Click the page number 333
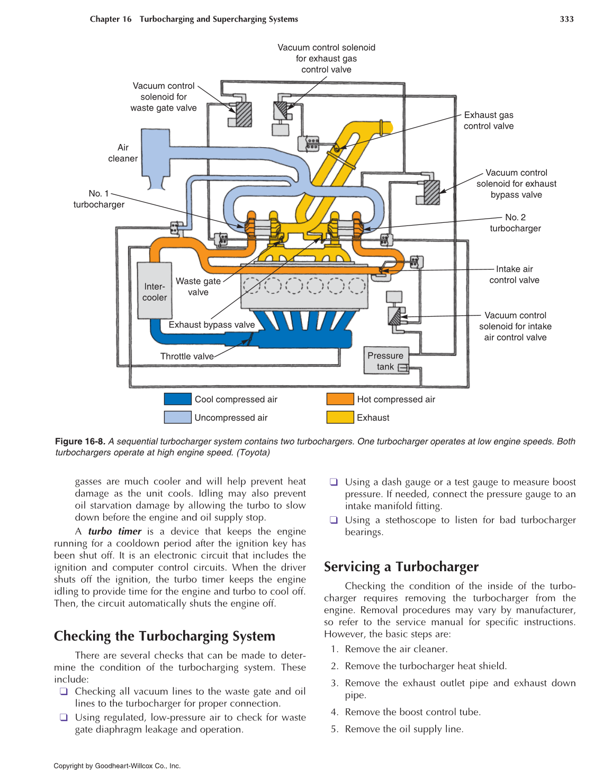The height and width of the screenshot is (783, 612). (566, 19)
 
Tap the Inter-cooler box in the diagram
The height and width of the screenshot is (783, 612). (154, 291)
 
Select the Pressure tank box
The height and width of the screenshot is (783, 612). (385, 361)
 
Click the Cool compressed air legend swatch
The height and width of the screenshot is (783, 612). (177, 399)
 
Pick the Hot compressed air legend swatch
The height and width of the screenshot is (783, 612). (340, 399)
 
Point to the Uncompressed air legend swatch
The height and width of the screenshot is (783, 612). (177, 417)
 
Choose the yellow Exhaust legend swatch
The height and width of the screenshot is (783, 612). (340, 417)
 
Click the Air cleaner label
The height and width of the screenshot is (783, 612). (123, 153)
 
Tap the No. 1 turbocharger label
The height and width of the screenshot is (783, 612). (99, 199)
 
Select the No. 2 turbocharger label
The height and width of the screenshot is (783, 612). (515, 223)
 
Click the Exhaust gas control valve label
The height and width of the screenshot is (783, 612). (489, 121)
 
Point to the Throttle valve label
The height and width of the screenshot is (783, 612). (187, 356)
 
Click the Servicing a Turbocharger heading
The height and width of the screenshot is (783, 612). (401, 567)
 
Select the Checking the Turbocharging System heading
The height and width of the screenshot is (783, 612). (164, 636)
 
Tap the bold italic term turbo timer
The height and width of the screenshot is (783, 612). (114, 531)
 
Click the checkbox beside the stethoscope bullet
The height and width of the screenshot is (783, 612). (334, 520)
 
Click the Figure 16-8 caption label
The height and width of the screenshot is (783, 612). (80, 442)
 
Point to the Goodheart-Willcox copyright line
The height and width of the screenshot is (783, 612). (117, 766)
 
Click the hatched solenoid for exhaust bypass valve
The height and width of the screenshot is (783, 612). (432, 192)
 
